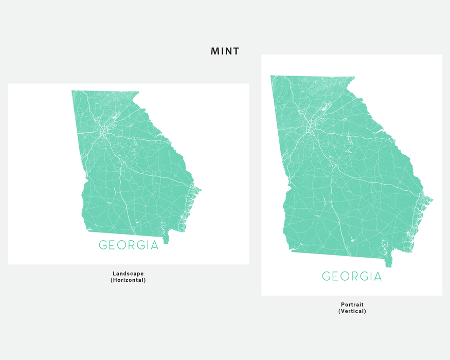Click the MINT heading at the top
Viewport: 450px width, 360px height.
tap(225, 51)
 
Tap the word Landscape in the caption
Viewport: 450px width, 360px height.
tap(128, 274)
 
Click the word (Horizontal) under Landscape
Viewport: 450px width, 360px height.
tap(128, 280)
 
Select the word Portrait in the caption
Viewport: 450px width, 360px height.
tap(352, 304)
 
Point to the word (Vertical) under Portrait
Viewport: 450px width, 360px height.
tap(352, 311)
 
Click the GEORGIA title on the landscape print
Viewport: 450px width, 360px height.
tap(129, 245)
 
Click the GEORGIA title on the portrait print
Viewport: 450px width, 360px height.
tap(352, 277)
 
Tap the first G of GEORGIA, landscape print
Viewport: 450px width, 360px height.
tap(103, 245)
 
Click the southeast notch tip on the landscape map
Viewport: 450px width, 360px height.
tap(166, 242)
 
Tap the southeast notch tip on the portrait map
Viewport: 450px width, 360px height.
tap(388, 265)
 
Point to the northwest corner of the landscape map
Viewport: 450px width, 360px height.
tap(72, 91)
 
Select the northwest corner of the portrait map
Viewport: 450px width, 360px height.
tap(271, 76)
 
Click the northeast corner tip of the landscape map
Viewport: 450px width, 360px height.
tap(139, 93)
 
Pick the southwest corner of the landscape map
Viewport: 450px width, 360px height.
tap(86, 230)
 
